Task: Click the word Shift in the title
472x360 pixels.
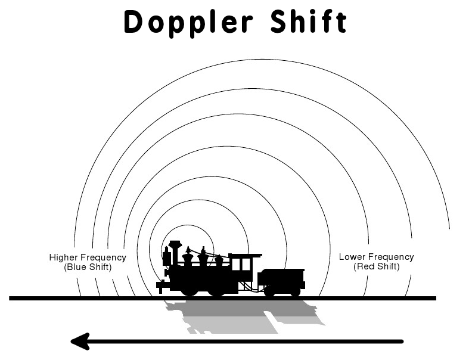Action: pos(309,22)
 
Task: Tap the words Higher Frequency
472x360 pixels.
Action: pos(88,257)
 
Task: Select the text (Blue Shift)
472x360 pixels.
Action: pos(88,267)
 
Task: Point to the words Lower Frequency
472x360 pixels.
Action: pos(376,257)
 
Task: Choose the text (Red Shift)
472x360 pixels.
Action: pos(376,266)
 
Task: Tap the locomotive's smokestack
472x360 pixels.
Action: pos(175,251)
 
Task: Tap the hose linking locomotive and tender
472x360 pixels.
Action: pos(255,288)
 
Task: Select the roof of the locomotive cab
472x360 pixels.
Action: pos(245,255)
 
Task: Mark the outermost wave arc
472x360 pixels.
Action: pos(262,60)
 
